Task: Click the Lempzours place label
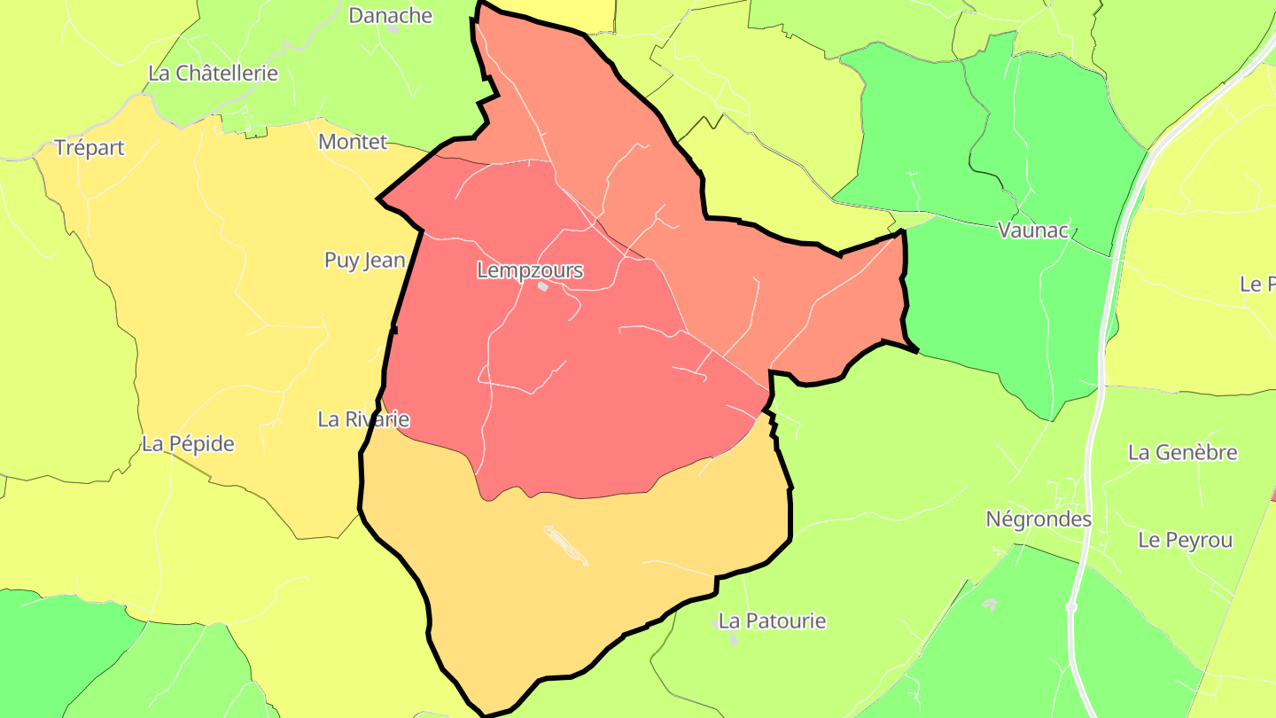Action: pyautogui.click(x=530, y=270)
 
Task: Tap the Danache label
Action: pyautogui.click(x=390, y=15)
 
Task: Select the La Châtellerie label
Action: pyautogui.click(x=213, y=73)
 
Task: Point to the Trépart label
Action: pyautogui.click(x=89, y=148)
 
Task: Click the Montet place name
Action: pyautogui.click(x=353, y=142)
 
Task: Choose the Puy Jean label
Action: pyautogui.click(x=364, y=261)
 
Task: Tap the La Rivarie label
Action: pyautogui.click(x=363, y=419)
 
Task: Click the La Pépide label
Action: pyautogui.click(x=188, y=444)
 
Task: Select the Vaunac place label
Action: pyautogui.click(x=1033, y=230)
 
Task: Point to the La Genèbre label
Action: pyautogui.click(x=1182, y=453)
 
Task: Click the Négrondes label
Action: pyautogui.click(x=1039, y=519)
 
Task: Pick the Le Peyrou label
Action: pyautogui.click(x=1185, y=541)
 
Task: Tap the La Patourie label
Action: pyautogui.click(x=772, y=621)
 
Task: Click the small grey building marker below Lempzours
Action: pyautogui.click(x=543, y=286)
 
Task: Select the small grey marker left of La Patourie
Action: pyautogui.click(x=715, y=624)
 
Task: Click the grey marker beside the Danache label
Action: pyautogui.click(x=393, y=29)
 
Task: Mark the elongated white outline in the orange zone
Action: pyautogui.click(x=565, y=545)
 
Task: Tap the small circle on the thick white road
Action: pyautogui.click(x=1071, y=607)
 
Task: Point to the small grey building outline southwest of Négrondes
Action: pyautogui.click(x=989, y=605)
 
